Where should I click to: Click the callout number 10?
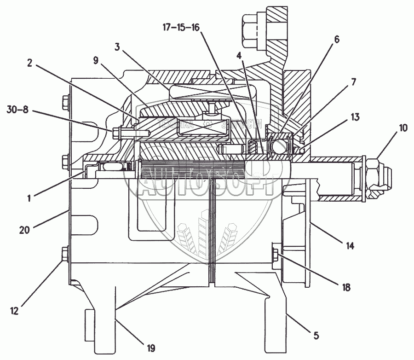coord(403,128)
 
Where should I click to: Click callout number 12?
coord(15,311)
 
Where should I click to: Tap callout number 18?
coord(346,287)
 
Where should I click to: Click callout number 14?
coord(351,246)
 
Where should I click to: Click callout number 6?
coord(337,39)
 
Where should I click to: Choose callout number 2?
coord(29,64)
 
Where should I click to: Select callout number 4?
coord(239,56)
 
